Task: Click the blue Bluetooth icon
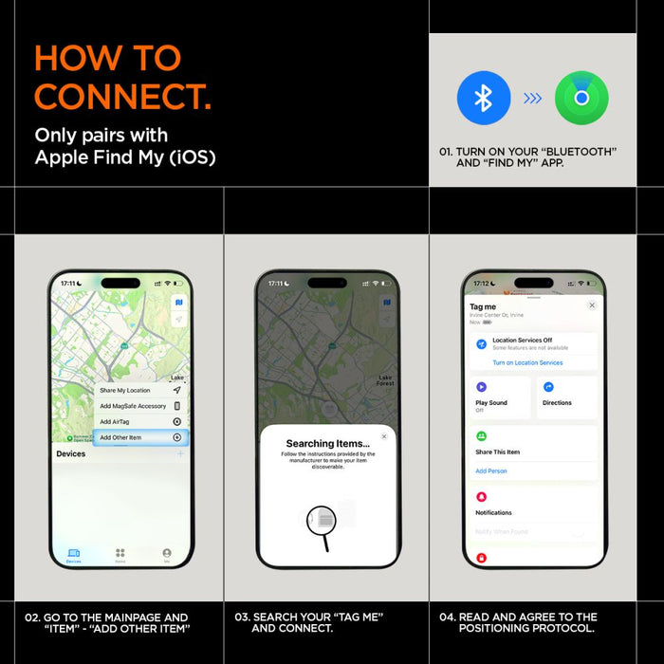(x=484, y=99)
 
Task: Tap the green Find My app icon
(x=581, y=99)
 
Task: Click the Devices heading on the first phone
(x=71, y=454)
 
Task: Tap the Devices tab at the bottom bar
(x=73, y=556)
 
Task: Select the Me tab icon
(x=167, y=556)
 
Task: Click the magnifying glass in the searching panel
(x=323, y=521)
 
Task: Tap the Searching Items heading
(x=323, y=443)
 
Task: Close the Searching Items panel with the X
(x=384, y=436)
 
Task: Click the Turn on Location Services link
(x=527, y=363)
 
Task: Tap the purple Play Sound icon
(x=482, y=387)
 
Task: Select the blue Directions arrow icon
(x=548, y=387)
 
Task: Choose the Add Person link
(x=491, y=470)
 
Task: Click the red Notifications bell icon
(x=482, y=497)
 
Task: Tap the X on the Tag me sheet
(x=592, y=305)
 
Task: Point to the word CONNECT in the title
(x=122, y=96)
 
